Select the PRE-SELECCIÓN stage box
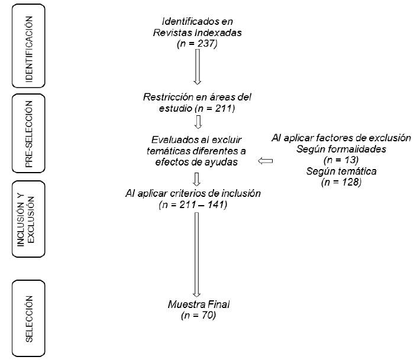tap(28, 135)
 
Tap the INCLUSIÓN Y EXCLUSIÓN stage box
tap(28, 219)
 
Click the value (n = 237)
tap(198, 43)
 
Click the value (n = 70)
tap(198, 316)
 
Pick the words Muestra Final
tap(198, 305)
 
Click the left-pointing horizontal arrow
tap(264, 161)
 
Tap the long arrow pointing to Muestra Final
tap(198, 254)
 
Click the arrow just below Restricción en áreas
tap(198, 122)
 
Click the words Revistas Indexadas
tap(198, 33)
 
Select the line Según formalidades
tap(341, 149)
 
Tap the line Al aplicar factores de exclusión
tap(341, 138)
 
